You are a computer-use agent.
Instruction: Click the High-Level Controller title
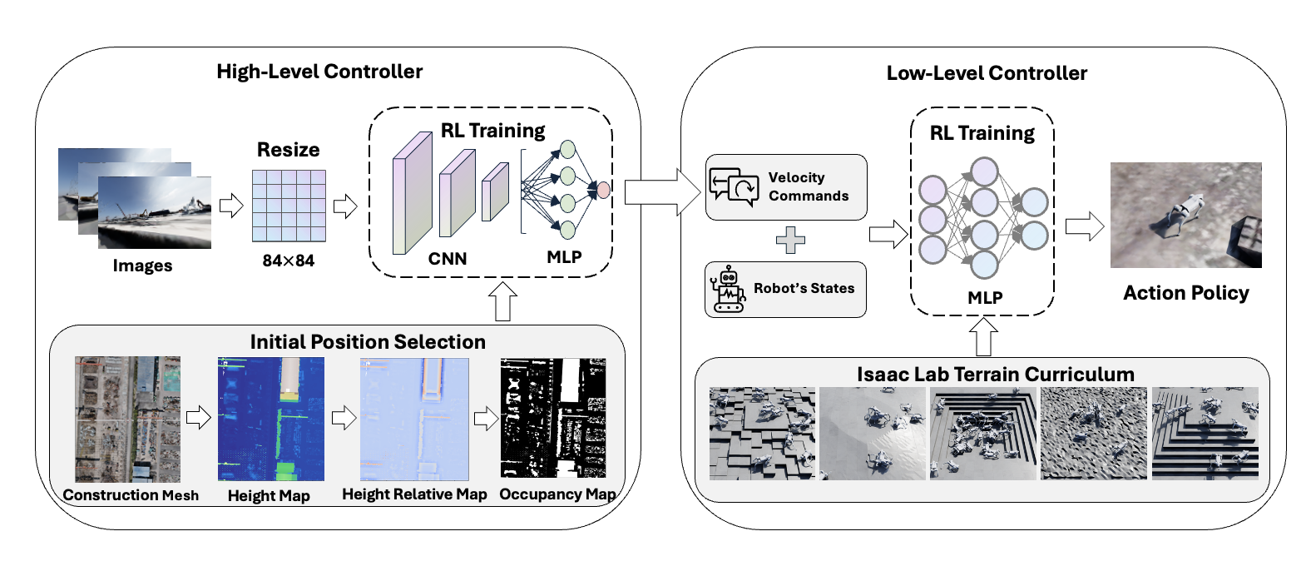[319, 72]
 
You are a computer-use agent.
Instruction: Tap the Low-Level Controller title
[987, 73]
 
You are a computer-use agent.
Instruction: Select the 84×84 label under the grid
[288, 261]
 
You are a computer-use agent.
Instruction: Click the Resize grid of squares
[289, 206]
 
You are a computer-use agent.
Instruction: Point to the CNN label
[448, 259]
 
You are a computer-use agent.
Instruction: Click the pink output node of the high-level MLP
[603, 190]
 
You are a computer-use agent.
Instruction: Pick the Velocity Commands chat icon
[733, 186]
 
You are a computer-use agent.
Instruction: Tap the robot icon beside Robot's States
[728, 289]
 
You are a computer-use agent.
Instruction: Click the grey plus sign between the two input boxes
[790, 241]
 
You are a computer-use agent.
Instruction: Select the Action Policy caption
[1185, 293]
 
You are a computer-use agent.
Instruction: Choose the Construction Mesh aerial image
[127, 420]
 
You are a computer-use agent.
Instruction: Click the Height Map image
[271, 420]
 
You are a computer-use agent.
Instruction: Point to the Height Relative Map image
[414, 420]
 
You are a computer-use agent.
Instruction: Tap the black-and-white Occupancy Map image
[553, 418]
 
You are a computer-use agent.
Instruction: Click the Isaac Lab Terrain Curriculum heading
[995, 375]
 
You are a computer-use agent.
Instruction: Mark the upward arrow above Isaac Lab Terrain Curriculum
[983, 336]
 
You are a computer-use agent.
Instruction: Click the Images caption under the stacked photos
[142, 266]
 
